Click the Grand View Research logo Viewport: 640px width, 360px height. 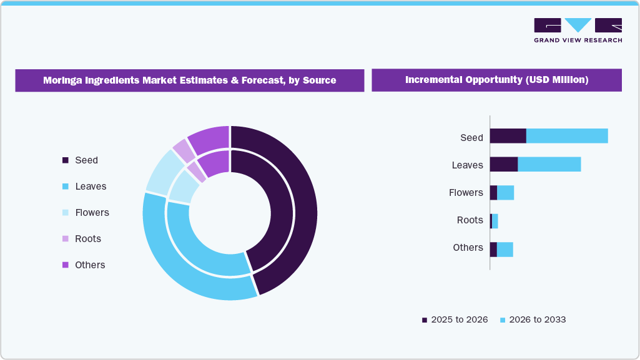[578, 30]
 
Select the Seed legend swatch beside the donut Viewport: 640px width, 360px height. [66, 160]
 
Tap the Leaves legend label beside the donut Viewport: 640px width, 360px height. [91, 187]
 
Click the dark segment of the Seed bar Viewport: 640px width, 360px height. [508, 136]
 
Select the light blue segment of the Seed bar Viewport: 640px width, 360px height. [567, 136]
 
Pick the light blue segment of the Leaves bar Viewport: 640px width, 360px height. [549, 164]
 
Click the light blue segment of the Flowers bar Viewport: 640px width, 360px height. [505, 193]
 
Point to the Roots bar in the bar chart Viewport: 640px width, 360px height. [494, 221]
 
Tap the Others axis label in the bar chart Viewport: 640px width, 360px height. [468, 248]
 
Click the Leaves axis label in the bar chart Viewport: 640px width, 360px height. [467, 165]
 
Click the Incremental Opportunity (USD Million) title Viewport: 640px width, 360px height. [496, 80]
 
